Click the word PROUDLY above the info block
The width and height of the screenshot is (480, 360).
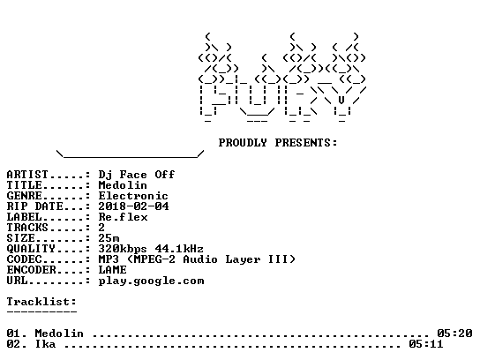point(243,143)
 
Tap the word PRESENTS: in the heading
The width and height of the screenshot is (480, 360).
point(306,143)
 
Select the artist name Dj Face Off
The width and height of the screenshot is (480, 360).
point(137,175)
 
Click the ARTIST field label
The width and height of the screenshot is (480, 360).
point(27,175)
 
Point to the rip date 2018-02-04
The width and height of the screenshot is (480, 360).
point(133,206)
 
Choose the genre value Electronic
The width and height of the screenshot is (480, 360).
point(133,196)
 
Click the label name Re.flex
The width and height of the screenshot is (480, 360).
point(123,217)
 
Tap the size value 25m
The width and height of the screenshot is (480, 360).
point(109,238)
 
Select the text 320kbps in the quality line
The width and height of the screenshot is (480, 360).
point(123,249)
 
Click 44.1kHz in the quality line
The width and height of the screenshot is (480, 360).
point(179,249)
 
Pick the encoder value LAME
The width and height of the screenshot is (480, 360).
point(112,270)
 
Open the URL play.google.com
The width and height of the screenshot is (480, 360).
point(151,281)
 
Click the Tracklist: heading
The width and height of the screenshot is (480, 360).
point(41,302)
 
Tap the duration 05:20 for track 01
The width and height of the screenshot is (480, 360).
point(454,334)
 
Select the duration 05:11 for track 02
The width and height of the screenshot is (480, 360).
point(426,344)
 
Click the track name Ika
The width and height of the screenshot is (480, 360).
point(45,344)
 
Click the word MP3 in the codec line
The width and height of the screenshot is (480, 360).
point(109,259)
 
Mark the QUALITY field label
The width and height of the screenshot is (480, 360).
point(31,249)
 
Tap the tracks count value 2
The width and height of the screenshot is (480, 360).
point(101,228)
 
